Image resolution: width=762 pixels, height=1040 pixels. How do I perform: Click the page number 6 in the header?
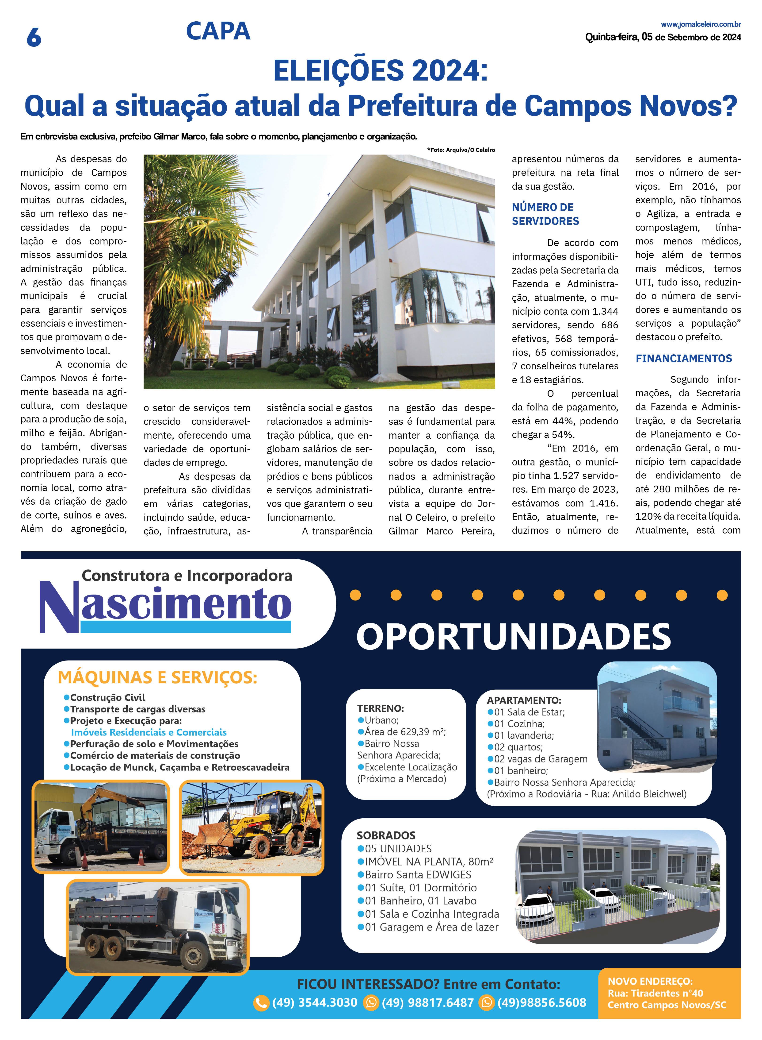coord(34,37)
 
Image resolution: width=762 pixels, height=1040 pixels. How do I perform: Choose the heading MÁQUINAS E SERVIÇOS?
coord(157,678)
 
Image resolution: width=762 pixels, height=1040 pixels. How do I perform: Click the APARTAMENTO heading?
coord(524,700)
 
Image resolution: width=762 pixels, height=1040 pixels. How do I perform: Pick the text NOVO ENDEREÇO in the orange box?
coord(650,981)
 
